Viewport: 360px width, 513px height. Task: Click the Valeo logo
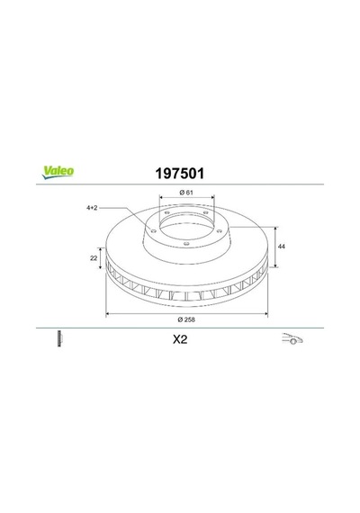(x=58, y=173)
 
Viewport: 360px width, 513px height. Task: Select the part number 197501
(x=180, y=174)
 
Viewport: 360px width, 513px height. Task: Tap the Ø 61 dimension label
(x=186, y=193)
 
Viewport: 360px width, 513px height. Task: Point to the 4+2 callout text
(x=92, y=208)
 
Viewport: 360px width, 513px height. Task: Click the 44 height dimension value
(x=281, y=247)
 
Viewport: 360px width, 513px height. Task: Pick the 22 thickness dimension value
(x=94, y=258)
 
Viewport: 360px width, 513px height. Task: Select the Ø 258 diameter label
(x=186, y=319)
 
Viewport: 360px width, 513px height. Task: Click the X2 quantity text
(x=180, y=339)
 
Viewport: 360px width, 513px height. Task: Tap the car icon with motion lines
(x=292, y=338)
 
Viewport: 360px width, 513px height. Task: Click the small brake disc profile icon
(x=59, y=338)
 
